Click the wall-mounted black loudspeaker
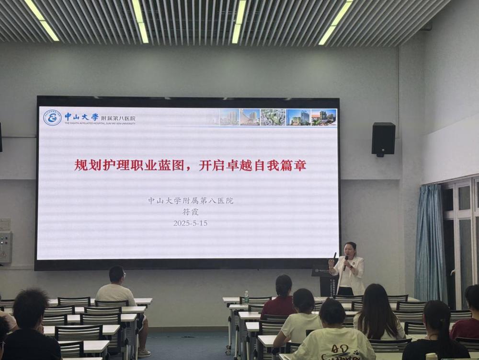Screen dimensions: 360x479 383,139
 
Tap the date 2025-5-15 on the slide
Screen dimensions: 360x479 190,223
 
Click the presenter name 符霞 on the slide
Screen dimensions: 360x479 190,212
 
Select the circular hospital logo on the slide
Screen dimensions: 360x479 52,117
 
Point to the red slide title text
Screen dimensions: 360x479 190,165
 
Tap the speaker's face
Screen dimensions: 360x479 351,250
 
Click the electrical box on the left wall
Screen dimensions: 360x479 5,247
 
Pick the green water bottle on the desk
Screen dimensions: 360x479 246,297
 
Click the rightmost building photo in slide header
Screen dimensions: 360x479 324,117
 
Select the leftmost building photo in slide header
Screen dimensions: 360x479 229,117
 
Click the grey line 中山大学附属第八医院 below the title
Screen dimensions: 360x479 190,201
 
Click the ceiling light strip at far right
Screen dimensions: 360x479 335,22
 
